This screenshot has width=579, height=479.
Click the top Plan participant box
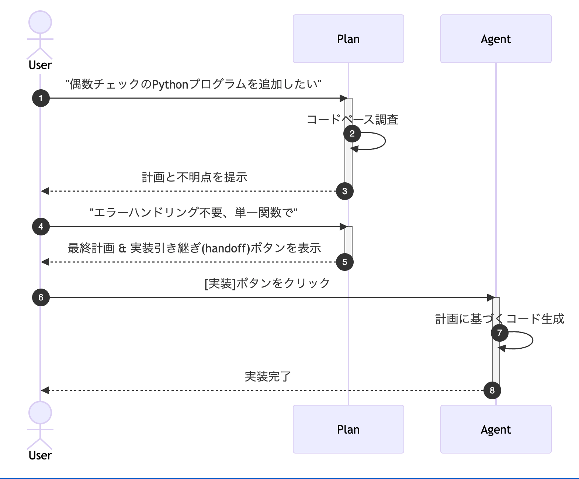348,39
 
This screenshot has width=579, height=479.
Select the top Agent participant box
496,39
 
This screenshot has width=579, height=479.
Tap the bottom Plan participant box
348,429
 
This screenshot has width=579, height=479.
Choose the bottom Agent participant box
496,429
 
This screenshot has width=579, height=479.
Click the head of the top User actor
40,22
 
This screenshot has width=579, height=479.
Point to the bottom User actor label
40,455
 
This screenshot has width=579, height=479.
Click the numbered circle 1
41,98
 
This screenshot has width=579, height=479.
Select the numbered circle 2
352,133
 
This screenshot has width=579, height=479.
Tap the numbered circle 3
345,191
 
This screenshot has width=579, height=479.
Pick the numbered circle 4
41,227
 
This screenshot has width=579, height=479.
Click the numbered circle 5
345,262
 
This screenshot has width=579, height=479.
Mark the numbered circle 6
41,297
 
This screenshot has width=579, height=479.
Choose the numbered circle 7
500,333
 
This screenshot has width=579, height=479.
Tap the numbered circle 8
492,390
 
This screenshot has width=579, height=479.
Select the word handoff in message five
225,248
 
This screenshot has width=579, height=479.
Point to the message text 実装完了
268,377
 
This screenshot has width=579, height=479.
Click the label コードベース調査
352,120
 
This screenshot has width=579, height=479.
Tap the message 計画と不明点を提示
194,177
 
